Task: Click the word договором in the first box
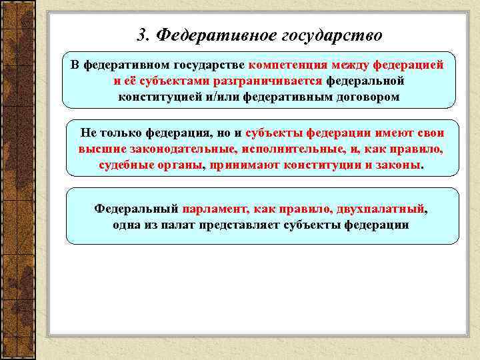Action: (364, 96)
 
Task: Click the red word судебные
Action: (125, 163)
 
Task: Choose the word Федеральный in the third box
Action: (135, 209)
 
